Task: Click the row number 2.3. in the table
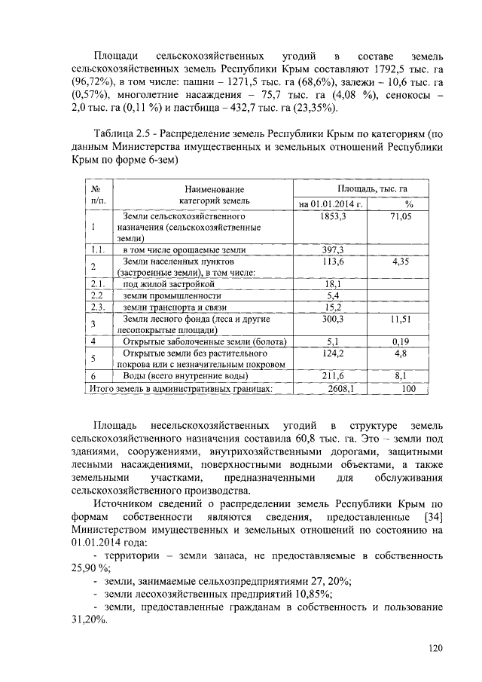point(96,307)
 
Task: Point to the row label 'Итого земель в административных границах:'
point(180,389)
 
